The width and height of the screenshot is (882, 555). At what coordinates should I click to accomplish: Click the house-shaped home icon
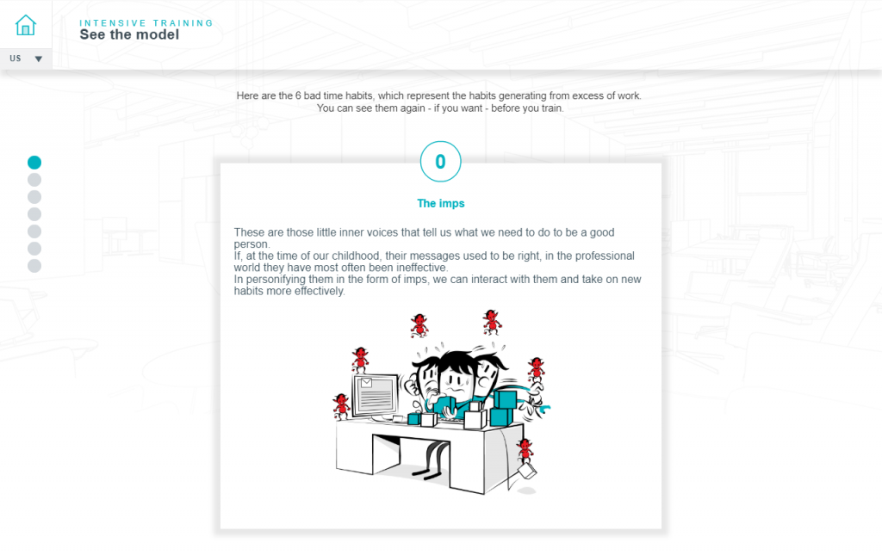(26, 25)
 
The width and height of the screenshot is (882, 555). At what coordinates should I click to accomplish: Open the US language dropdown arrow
(38, 59)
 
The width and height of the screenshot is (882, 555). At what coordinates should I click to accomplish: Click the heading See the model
(129, 35)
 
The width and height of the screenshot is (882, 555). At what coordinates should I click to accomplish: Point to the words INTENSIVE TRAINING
(146, 23)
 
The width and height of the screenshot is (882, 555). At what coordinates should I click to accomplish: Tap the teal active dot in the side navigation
(34, 162)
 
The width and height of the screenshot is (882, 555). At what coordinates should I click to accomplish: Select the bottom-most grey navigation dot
(34, 266)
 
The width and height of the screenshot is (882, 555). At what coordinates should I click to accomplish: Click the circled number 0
(440, 162)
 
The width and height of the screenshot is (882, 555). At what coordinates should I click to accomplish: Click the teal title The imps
(440, 204)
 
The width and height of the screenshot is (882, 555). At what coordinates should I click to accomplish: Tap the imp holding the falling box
(524, 451)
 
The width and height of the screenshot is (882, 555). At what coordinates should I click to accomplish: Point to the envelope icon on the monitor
(365, 383)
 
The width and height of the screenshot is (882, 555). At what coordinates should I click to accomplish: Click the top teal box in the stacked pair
(504, 399)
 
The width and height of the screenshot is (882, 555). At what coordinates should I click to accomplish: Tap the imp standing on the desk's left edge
(341, 405)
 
